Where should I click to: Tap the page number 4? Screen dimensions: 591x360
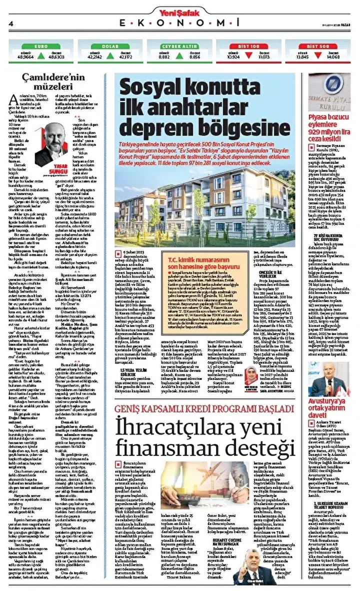tap(10, 23)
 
